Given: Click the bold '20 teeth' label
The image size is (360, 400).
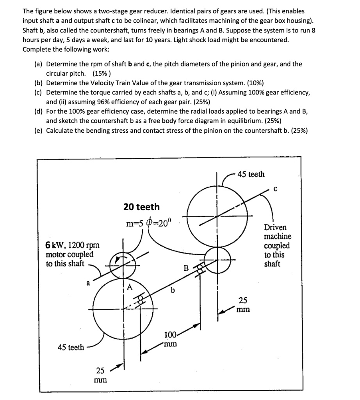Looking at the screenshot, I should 141,207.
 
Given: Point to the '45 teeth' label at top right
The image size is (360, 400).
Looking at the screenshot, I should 251,174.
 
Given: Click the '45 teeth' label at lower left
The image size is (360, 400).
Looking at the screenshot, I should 71,347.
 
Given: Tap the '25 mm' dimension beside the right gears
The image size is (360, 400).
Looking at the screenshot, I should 242,305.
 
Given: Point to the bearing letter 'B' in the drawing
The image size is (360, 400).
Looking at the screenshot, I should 187,269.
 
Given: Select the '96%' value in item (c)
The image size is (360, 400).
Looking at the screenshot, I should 94,102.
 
